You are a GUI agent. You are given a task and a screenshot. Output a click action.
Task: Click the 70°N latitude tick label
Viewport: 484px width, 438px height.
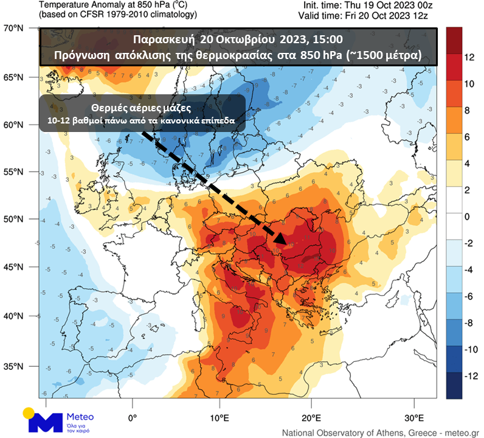pos(13,28)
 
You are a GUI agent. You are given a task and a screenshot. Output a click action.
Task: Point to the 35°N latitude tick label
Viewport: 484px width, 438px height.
pos(13,366)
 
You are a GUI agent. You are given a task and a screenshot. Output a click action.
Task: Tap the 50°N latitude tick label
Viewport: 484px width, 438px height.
pos(13,218)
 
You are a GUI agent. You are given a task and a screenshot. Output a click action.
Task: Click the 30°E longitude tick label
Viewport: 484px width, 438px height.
pos(414,418)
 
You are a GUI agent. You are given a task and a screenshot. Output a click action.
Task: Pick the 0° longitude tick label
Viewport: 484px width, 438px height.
pos(133,418)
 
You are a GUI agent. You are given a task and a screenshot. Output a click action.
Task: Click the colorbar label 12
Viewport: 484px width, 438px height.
pos(469,57)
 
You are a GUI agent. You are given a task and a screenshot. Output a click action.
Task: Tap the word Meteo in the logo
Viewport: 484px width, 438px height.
pos(81,417)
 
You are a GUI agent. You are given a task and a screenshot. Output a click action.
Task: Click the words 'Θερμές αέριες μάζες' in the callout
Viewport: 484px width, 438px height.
pos(142,108)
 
